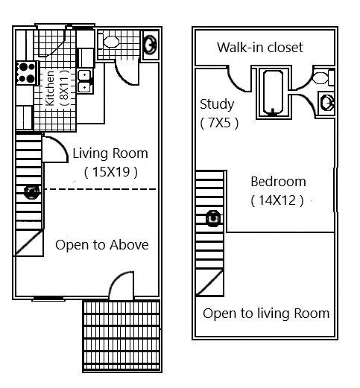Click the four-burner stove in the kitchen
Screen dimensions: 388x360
click(x=27, y=71)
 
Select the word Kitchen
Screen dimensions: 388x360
click(x=50, y=88)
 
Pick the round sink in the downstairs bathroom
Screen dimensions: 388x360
click(x=149, y=44)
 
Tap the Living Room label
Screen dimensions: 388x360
click(x=110, y=154)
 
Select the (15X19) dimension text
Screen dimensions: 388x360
click(x=110, y=173)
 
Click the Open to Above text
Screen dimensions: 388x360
click(x=101, y=245)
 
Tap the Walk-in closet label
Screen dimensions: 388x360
click(x=259, y=48)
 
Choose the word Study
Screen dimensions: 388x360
click(x=217, y=104)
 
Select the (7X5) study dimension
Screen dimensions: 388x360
click(x=219, y=123)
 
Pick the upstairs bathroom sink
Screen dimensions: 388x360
click(x=326, y=102)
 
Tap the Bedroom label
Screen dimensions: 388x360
click(x=277, y=182)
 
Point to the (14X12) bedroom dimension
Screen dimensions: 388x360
click(x=277, y=200)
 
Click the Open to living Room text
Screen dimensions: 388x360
click(x=265, y=313)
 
